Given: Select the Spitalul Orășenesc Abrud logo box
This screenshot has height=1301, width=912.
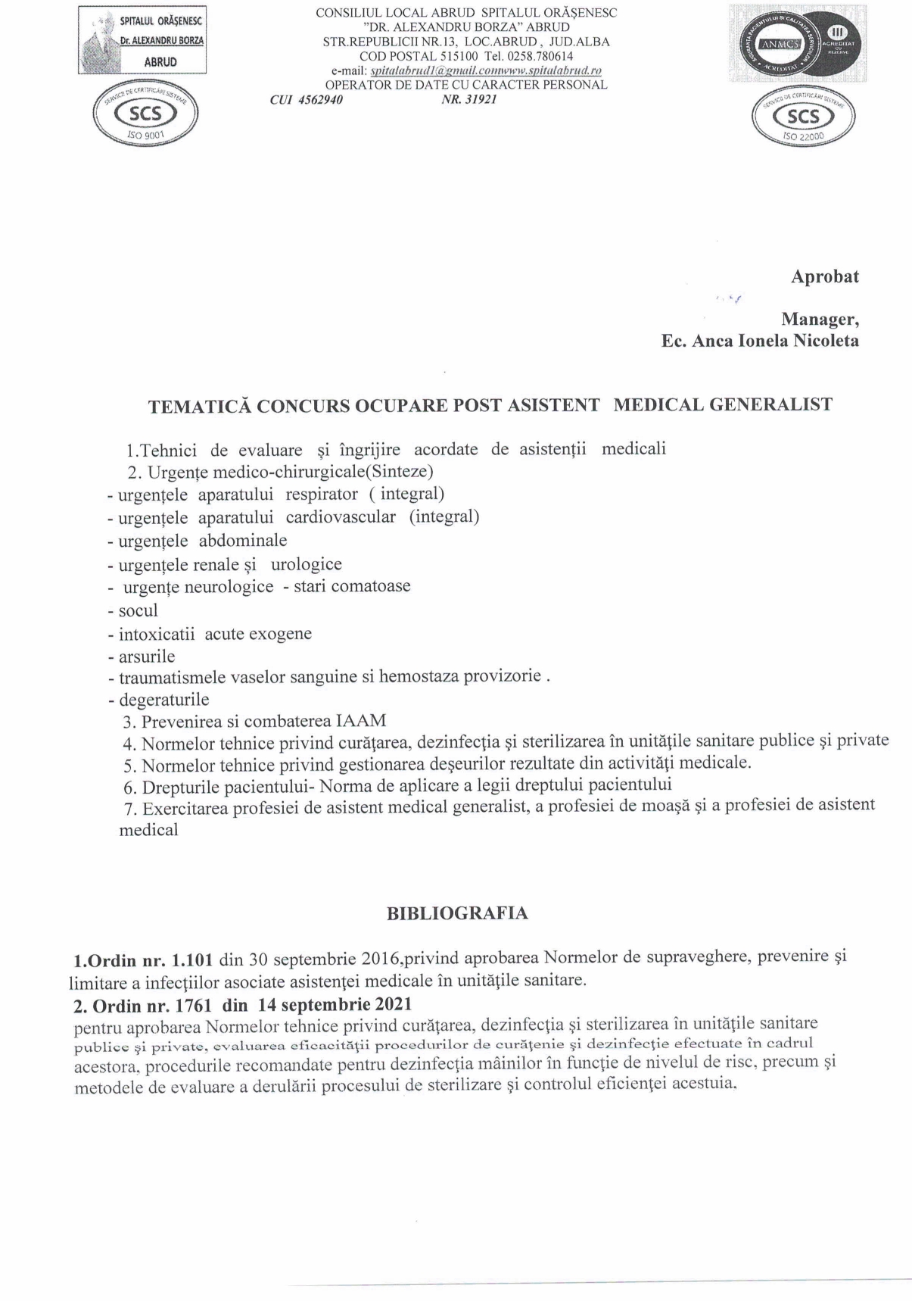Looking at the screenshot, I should (142, 40).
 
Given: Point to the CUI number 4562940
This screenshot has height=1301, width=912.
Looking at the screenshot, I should (307, 99).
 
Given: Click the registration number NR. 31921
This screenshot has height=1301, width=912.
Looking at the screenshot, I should (468, 99).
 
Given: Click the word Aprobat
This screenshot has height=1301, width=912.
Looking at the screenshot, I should (825, 277).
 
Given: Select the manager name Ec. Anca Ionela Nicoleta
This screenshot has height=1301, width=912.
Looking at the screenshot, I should (760, 341).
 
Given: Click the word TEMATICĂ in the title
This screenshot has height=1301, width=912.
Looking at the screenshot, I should (199, 406).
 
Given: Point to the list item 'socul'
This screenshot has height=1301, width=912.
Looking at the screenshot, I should (138, 610).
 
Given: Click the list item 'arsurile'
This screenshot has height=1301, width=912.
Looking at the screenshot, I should (146, 657).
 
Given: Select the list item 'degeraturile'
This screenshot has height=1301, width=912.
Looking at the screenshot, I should (163, 699).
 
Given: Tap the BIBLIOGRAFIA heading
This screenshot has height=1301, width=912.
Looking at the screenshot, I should (457, 913).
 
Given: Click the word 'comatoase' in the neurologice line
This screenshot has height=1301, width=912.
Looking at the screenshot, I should (373, 587).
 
